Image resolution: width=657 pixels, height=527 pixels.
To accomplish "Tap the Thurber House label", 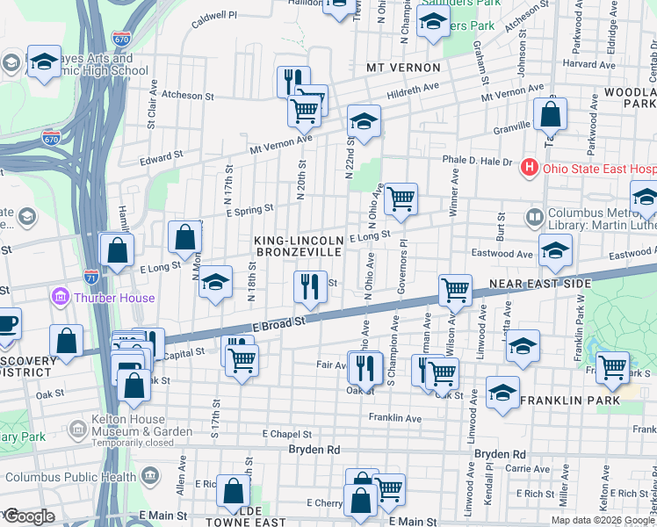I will click(115, 298).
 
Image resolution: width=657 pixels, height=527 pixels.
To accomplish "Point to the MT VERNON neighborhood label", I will click(403, 68).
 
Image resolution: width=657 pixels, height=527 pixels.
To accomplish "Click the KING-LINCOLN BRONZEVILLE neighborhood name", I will click(298, 246).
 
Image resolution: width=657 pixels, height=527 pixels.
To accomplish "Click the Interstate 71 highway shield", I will click(91, 276).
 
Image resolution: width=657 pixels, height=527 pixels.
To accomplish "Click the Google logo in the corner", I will click(28, 516).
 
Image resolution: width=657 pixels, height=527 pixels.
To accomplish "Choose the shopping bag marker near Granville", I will click(550, 114).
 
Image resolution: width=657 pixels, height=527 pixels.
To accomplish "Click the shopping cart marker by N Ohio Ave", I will click(401, 199).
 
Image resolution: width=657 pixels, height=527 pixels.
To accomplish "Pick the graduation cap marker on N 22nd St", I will click(364, 122).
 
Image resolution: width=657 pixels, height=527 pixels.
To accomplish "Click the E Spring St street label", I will click(249, 209).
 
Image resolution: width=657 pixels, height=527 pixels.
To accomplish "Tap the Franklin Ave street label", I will click(395, 417).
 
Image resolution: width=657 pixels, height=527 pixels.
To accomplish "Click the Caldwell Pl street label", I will click(214, 16).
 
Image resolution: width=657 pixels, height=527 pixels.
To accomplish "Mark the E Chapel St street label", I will click(287, 434).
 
